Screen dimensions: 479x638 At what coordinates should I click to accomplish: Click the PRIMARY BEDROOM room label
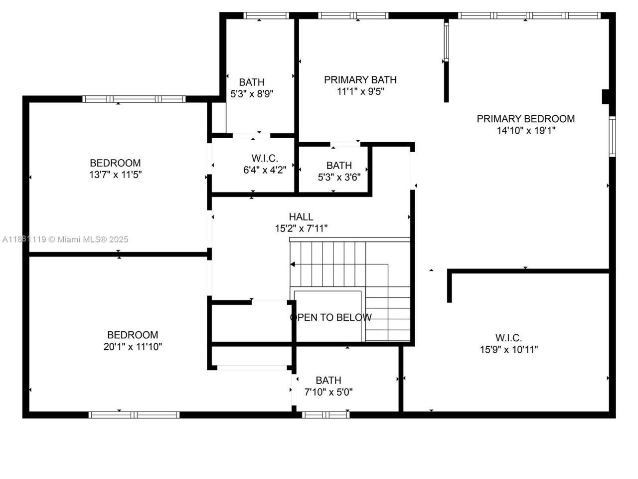(525, 119)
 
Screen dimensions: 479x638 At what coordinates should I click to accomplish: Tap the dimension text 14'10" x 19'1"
(525, 131)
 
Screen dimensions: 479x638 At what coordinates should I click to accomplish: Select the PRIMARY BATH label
(360, 80)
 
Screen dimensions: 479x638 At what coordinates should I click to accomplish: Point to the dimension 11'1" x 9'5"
(360, 92)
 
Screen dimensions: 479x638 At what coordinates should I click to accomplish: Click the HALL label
(301, 217)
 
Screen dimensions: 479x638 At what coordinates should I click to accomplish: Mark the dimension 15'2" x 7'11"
(301, 229)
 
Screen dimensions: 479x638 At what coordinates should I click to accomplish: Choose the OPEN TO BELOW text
(330, 317)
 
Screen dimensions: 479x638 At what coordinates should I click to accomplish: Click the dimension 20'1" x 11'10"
(133, 347)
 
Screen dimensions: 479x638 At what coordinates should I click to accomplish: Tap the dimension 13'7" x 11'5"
(115, 175)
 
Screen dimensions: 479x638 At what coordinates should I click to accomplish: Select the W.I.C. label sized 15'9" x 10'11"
(508, 338)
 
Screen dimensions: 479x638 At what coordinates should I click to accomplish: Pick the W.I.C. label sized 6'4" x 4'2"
(265, 158)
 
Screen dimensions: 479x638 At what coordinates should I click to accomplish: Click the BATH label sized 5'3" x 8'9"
(252, 82)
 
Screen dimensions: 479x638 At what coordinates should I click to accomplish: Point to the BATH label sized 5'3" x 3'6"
(339, 165)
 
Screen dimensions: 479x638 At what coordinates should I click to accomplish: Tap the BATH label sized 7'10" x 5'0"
(328, 380)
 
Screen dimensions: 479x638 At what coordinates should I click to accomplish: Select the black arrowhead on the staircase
(293, 264)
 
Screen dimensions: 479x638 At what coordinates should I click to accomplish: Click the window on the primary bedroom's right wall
(613, 136)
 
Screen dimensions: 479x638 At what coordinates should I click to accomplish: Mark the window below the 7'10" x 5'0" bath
(326, 415)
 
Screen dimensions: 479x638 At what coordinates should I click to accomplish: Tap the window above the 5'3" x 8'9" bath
(266, 15)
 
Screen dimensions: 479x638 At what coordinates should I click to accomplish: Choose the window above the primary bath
(353, 15)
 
